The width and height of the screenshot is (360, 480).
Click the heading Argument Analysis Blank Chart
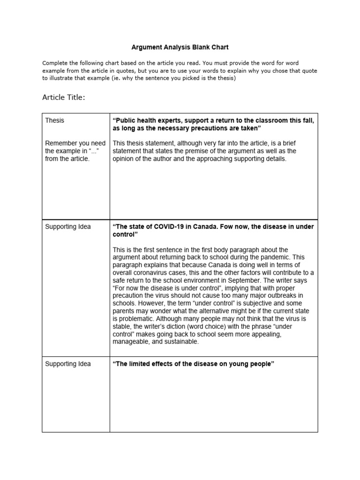179,47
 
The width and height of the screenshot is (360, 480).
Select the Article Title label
64,97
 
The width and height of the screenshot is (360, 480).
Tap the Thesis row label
55,120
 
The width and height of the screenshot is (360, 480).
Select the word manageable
133,341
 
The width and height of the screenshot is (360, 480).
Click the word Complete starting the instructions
56,63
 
